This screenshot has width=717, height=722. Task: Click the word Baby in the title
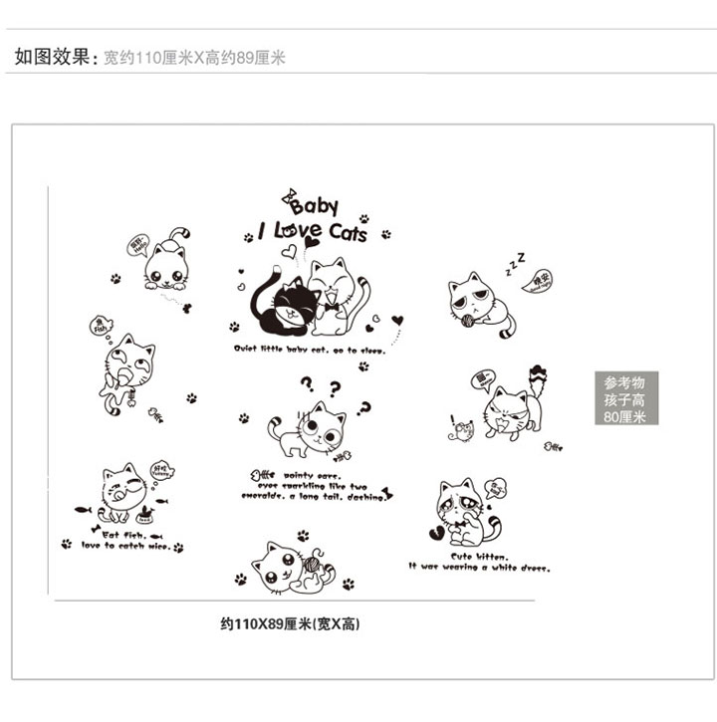(316, 207)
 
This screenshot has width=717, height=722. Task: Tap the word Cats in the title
(347, 233)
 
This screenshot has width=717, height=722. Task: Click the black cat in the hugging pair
(279, 300)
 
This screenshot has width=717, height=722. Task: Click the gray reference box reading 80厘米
(625, 398)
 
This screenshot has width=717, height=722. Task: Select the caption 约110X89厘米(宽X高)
(290, 624)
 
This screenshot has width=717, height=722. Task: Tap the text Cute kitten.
(479, 556)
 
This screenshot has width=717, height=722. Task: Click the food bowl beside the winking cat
(146, 515)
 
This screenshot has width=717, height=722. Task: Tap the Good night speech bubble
(540, 280)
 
